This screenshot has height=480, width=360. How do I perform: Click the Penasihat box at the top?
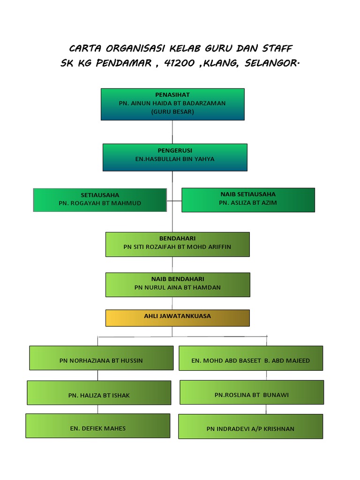[172, 104]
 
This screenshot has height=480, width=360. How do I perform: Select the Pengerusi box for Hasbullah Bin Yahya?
[174, 157]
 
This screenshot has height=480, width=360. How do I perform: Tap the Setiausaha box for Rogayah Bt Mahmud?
[100, 200]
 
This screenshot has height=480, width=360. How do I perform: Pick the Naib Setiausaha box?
[248, 200]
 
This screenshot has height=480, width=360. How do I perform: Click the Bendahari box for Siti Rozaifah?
[177, 244]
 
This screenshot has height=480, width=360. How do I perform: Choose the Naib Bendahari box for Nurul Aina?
[177, 285]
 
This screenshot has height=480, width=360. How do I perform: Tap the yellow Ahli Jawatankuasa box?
[177, 317]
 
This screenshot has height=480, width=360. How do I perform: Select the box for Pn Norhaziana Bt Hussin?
[101, 358]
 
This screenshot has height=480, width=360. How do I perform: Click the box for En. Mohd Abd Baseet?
[251, 358]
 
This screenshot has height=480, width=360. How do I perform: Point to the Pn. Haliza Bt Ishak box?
[99, 393]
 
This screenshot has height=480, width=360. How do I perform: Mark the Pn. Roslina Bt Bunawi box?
[252, 392]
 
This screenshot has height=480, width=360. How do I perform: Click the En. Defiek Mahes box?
[97, 426]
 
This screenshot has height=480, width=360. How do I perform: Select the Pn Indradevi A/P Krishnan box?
[250, 426]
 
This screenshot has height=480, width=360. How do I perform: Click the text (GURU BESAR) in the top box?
[172, 112]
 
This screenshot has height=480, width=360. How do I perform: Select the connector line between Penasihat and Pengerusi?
[172, 132]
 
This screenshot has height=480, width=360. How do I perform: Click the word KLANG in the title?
[220, 63]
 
